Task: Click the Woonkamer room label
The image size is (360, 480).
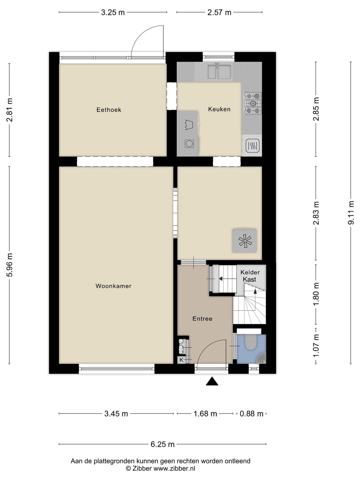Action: point(113,286)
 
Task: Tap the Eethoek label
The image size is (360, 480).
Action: point(109,110)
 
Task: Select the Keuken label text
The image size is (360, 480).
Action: point(219,109)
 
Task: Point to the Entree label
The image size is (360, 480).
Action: point(202,319)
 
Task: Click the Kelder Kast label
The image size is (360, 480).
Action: point(250,276)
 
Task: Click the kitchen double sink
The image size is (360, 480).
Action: point(219,72)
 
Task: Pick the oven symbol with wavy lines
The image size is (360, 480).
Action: point(252,146)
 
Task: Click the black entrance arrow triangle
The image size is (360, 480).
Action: point(212,382)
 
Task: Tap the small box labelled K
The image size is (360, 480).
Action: point(181,360)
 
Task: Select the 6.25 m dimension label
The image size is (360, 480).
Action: point(163,444)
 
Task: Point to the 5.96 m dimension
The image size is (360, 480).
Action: point(10,265)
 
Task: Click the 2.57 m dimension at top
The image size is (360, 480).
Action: point(219,13)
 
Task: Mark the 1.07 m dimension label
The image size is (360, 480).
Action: point(316,345)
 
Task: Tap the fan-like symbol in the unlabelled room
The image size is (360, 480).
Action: point(245,241)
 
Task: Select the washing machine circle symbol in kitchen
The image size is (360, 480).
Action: point(189,144)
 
